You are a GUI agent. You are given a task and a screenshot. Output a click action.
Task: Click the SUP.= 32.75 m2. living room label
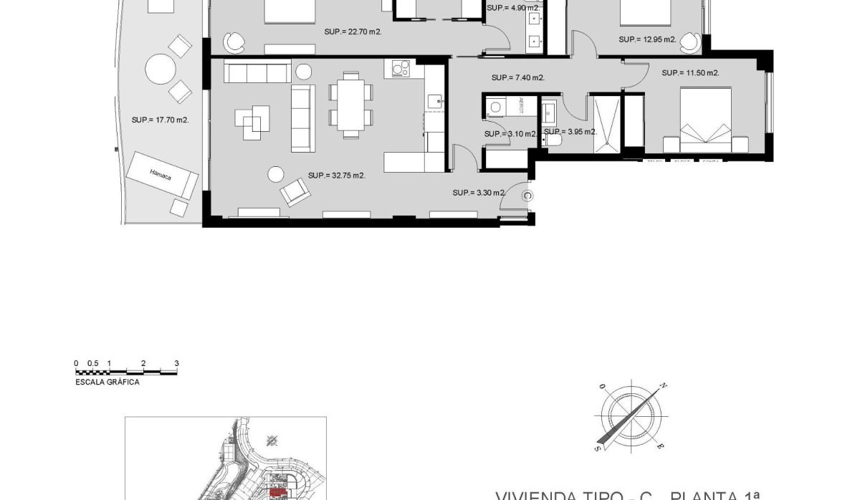pos(337,176)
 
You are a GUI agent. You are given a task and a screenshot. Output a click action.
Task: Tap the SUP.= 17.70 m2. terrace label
pos(161,120)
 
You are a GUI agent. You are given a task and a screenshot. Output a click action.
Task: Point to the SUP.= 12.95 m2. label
pos(647,39)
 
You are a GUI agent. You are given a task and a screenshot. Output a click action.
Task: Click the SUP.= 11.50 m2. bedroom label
pos(690,73)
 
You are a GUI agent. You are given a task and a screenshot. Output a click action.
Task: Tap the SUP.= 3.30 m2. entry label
pos(479,193)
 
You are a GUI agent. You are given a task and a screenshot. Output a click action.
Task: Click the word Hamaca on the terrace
pos(161,173)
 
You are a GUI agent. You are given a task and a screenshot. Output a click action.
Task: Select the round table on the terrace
pos(160,70)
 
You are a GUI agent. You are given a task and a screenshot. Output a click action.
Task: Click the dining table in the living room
pos(350,105)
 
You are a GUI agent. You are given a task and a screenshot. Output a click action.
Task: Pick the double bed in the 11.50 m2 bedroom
pos(705,120)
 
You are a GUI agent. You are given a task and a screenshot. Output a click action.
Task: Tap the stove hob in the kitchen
pos(400,70)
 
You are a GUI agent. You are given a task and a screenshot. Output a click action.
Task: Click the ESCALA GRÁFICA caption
pos(107,383)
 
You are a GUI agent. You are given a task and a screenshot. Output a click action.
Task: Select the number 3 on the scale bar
pos(176,364)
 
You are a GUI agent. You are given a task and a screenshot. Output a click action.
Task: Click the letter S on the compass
pos(596,447)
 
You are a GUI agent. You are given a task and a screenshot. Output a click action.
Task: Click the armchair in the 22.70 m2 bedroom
pos(233,43)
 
